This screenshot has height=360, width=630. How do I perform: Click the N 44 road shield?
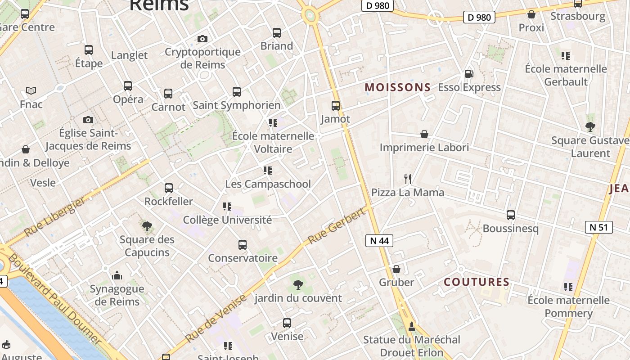[x=379, y=241]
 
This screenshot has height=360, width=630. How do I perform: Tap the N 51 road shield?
[x=598, y=227]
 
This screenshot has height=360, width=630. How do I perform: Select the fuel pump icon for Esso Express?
[x=469, y=74]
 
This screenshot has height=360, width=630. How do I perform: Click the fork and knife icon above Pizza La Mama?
[x=408, y=179]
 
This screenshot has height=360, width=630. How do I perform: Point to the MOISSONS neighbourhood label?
[x=397, y=87]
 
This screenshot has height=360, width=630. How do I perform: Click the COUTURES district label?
[x=476, y=282]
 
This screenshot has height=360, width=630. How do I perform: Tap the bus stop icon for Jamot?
[x=336, y=106]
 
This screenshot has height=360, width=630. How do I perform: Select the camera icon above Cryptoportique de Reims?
[x=202, y=39]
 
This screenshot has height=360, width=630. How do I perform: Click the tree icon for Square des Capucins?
[x=147, y=226]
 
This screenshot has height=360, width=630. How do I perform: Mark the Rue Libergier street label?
[x=55, y=216]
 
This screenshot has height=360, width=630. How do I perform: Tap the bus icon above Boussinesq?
[x=510, y=215]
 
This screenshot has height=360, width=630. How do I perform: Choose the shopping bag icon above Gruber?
[x=396, y=269]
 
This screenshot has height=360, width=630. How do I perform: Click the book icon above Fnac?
[x=31, y=91]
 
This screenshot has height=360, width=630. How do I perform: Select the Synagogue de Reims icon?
[x=117, y=275]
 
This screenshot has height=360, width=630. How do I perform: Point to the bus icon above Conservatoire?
[x=243, y=245]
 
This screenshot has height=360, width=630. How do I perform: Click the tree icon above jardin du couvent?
[x=298, y=284]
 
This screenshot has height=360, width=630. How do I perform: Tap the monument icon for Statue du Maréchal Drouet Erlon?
[x=411, y=326]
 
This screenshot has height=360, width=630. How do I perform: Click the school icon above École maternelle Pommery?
[x=568, y=287]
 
